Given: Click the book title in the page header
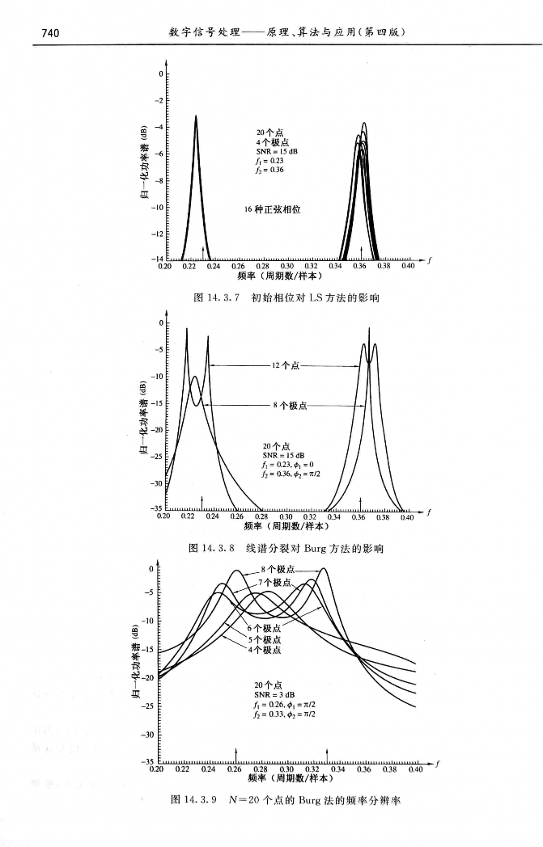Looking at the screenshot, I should [x=286, y=32].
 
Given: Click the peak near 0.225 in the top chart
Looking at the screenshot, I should [x=195, y=117].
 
